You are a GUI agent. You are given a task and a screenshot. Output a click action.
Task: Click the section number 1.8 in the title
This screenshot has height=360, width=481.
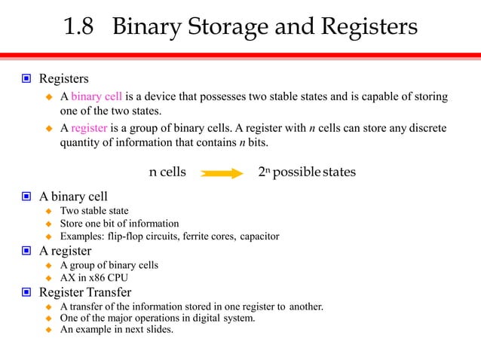80,28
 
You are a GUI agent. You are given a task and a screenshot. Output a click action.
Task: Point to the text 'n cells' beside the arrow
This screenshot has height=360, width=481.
167,172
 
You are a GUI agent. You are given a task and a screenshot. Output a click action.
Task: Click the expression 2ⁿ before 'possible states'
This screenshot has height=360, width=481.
264,172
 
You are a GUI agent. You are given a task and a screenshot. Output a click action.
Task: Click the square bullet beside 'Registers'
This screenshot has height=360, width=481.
26,78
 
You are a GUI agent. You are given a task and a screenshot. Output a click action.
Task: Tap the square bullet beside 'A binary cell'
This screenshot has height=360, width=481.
26,197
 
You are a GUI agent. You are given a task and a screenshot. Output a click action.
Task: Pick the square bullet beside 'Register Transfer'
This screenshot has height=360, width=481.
26,292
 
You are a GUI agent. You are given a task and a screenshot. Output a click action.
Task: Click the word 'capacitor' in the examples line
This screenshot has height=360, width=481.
260,236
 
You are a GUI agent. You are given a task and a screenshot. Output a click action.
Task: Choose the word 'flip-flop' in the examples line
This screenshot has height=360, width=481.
128,236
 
